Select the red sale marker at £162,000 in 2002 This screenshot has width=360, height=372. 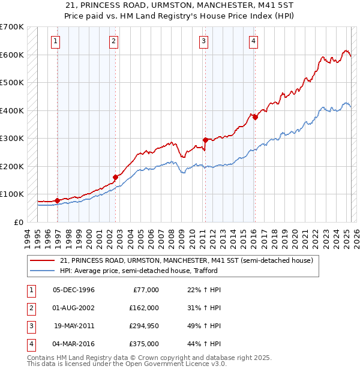tap(116, 177)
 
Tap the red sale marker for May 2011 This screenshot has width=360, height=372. tap(205, 140)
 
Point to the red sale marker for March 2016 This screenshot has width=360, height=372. tap(255, 118)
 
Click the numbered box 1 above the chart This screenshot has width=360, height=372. tap(55, 41)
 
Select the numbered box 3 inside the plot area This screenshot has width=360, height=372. tap(203, 41)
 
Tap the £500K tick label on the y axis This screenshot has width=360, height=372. tap(12, 82)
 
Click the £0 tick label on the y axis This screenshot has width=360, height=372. tap(19, 222)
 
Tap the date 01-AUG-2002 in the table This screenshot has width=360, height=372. tap(74, 308)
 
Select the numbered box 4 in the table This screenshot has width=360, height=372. tap(31, 344)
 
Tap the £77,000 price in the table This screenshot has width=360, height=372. tap(146, 290)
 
